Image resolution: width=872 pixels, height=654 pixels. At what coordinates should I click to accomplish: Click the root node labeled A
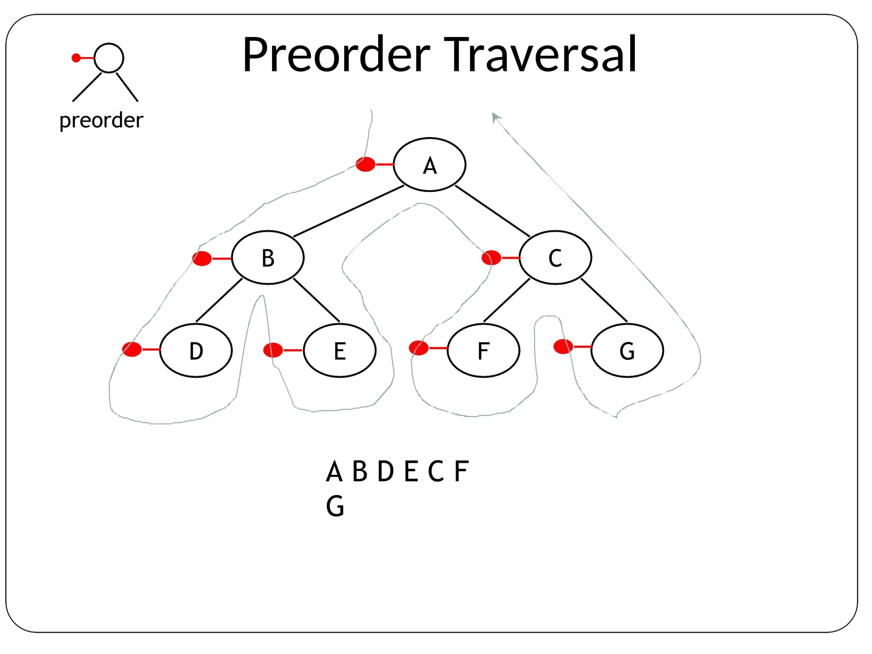[x=429, y=164]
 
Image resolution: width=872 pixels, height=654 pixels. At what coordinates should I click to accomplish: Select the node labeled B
[x=268, y=258]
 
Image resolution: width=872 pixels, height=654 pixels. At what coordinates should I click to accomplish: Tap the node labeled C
[x=555, y=258]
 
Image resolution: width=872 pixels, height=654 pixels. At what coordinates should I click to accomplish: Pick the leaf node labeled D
[x=196, y=350]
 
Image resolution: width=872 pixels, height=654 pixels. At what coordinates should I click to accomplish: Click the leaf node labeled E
[x=339, y=350]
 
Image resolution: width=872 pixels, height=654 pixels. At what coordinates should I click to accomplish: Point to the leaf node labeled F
[x=483, y=350]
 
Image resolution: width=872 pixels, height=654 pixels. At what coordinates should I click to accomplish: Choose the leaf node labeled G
[x=627, y=350]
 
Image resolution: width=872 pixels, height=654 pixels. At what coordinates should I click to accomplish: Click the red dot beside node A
[x=365, y=164]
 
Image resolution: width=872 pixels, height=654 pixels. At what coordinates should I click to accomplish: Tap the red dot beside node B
[x=202, y=258]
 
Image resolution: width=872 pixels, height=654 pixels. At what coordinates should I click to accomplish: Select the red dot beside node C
[x=491, y=258]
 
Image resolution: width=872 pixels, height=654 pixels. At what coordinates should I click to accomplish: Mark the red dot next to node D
[x=132, y=349]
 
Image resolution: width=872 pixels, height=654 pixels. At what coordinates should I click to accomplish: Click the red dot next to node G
[x=563, y=346]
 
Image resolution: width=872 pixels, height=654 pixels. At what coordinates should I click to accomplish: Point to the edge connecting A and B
[x=348, y=211]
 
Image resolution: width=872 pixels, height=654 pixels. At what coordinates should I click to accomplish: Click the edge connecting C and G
[x=604, y=300]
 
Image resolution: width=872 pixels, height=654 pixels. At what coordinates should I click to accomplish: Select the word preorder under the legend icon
[x=101, y=120]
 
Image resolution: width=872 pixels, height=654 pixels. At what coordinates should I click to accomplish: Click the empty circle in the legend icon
[x=109, y=58]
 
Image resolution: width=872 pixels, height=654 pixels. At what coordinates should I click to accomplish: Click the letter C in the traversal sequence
[x=436, y=471]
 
